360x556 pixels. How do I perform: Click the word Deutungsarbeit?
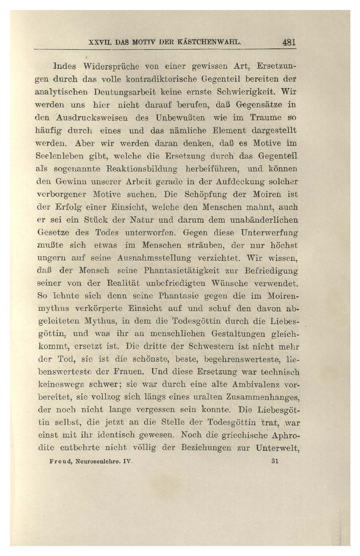[125, 92]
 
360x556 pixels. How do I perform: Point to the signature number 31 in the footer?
[274, 461]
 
